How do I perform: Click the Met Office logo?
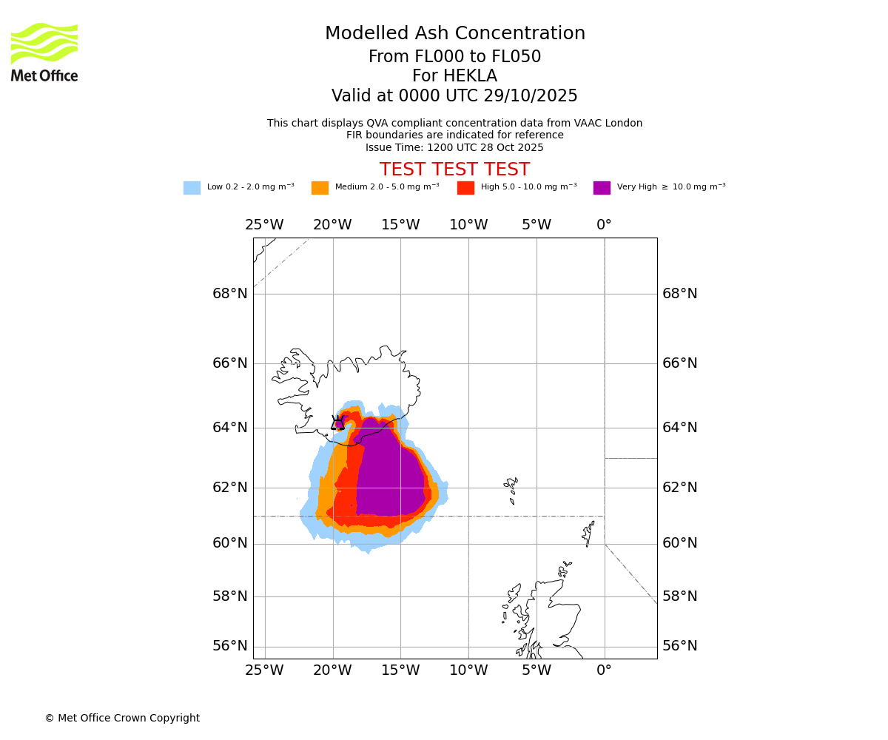tap(44, 52)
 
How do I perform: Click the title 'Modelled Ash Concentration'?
tap(454, 34)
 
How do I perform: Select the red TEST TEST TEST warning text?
tap(454, 169)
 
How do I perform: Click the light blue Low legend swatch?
tap(192, 188)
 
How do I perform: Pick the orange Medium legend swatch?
tap(320, 188)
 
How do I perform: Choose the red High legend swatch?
tap(465, 188)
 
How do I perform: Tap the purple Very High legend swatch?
tap(602, 188)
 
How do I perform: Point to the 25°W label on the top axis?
tap(264, 225)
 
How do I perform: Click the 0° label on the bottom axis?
tap(604, 670)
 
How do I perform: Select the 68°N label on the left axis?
tap(230, 294)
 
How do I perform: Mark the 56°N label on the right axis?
tap(679, 646)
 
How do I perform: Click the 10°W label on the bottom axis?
tap(468, 670)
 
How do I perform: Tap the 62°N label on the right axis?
tap(679, 488)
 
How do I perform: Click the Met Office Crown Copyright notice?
tap(122, 718)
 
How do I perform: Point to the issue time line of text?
tap(454, 148)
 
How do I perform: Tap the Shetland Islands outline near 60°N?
tap(589, 533)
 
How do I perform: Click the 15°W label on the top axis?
tap(400, 225)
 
